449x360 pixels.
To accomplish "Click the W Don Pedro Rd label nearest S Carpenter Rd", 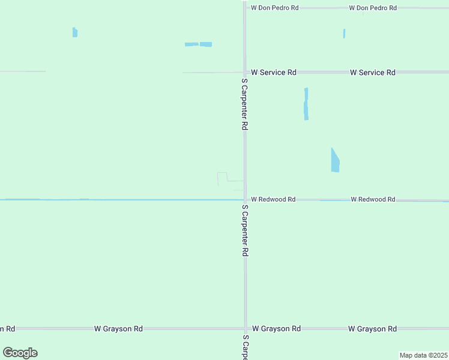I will coord(274,8).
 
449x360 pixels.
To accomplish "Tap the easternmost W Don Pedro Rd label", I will coord(373,8).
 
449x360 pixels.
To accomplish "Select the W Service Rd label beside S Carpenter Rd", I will coord(274,72).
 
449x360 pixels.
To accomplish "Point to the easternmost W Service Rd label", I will coord(373,72).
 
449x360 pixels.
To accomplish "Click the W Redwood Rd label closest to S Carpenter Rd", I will coord(273,199).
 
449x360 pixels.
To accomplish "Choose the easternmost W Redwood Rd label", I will coord(373,199).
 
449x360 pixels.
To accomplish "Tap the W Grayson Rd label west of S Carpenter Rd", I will coord(118,329).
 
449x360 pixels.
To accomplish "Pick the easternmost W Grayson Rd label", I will coord(373,329).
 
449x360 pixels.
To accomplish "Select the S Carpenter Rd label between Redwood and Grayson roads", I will coord(244,230).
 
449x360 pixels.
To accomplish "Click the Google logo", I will coord(20,353).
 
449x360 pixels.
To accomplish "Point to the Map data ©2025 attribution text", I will coord(423,355).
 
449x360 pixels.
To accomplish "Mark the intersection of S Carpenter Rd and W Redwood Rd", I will coord(245,199).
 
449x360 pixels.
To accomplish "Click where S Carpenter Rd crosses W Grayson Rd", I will coord(245,329).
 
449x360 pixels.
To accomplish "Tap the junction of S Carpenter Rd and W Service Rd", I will coord(245,72).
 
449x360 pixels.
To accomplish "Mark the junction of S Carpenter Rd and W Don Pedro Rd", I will coord(245,8).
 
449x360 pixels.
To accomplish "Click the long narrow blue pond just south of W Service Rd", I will coord(306,104).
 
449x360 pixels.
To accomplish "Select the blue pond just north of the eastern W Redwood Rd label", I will coord(335,161).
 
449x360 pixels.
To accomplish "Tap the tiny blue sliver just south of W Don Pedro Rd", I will coord(344,34).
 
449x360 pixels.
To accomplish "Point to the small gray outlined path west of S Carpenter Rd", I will coord(223,178).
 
